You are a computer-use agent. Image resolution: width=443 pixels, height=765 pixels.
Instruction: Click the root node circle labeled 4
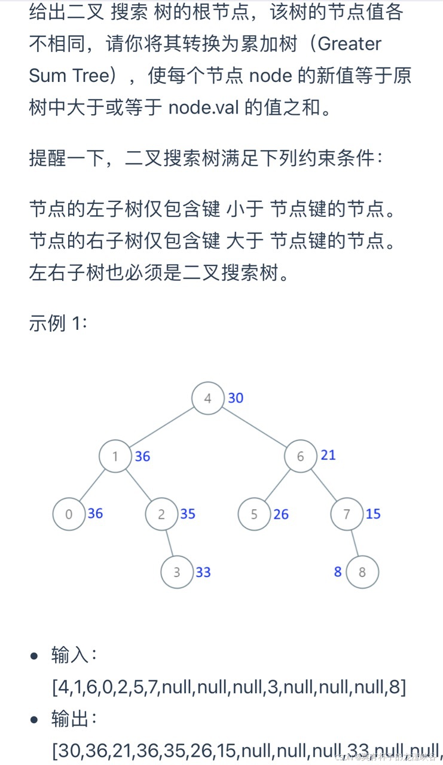tap(207, 399)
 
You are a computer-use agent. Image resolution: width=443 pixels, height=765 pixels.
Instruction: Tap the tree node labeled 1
tap(115, 457)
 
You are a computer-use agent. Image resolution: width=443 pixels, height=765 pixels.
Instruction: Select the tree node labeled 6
tap(300, 457)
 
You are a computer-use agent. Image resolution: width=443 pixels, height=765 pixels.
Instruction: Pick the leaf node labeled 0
tap(69, 514)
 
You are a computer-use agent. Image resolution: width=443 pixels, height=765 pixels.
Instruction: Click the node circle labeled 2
tap(161, 514)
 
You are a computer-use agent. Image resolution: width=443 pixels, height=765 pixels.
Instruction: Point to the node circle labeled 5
tap(254, 514)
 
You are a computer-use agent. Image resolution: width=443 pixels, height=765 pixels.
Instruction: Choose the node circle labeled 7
tap(347, 514)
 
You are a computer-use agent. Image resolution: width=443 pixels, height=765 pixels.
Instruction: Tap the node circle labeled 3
tap(177, 572)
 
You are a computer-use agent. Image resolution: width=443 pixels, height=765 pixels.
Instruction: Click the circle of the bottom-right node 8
tap(362, 572)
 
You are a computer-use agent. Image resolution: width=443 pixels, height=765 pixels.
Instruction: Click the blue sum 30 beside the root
tap(236, 398)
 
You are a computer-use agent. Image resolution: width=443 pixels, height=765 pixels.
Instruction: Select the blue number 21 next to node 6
tap(328, 455)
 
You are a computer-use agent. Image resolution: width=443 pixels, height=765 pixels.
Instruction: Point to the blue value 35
tap(188, 514)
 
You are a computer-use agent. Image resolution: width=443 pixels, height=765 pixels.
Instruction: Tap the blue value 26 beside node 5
tap(281, 514)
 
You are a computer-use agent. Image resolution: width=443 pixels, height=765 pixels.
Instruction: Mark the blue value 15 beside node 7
tap(373, 514)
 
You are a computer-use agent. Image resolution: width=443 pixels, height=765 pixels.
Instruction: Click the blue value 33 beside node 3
tap(203, 572)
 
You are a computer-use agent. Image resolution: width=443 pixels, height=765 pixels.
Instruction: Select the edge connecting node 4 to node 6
tap(254, 427)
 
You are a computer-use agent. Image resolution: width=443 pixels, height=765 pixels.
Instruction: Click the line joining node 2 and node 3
tap(169, 543)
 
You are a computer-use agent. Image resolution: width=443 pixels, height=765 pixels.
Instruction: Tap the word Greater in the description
tap(350, 43)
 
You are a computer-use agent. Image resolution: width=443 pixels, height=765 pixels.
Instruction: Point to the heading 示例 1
tap(59, 323)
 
